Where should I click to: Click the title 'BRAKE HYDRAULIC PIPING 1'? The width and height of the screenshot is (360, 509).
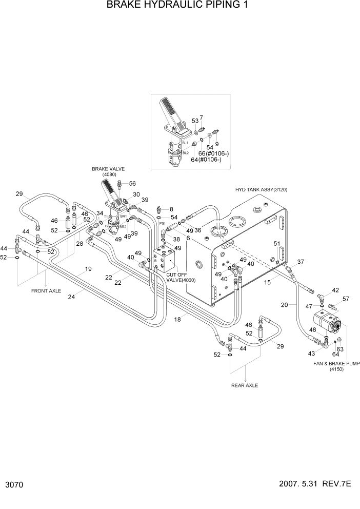click(179, 6)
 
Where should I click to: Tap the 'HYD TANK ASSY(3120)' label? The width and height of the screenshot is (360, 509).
click(261, 189)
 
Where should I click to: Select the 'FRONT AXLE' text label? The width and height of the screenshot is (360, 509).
click(47, 290)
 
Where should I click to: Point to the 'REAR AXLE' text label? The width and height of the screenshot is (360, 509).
click(244, 385)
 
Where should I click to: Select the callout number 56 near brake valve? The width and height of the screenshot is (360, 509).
click(132, 184)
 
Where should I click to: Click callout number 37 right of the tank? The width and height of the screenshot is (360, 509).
click(301, 262)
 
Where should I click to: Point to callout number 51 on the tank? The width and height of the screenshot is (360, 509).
click(277, 243)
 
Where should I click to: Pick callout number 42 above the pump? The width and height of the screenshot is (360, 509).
click(335, 290)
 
